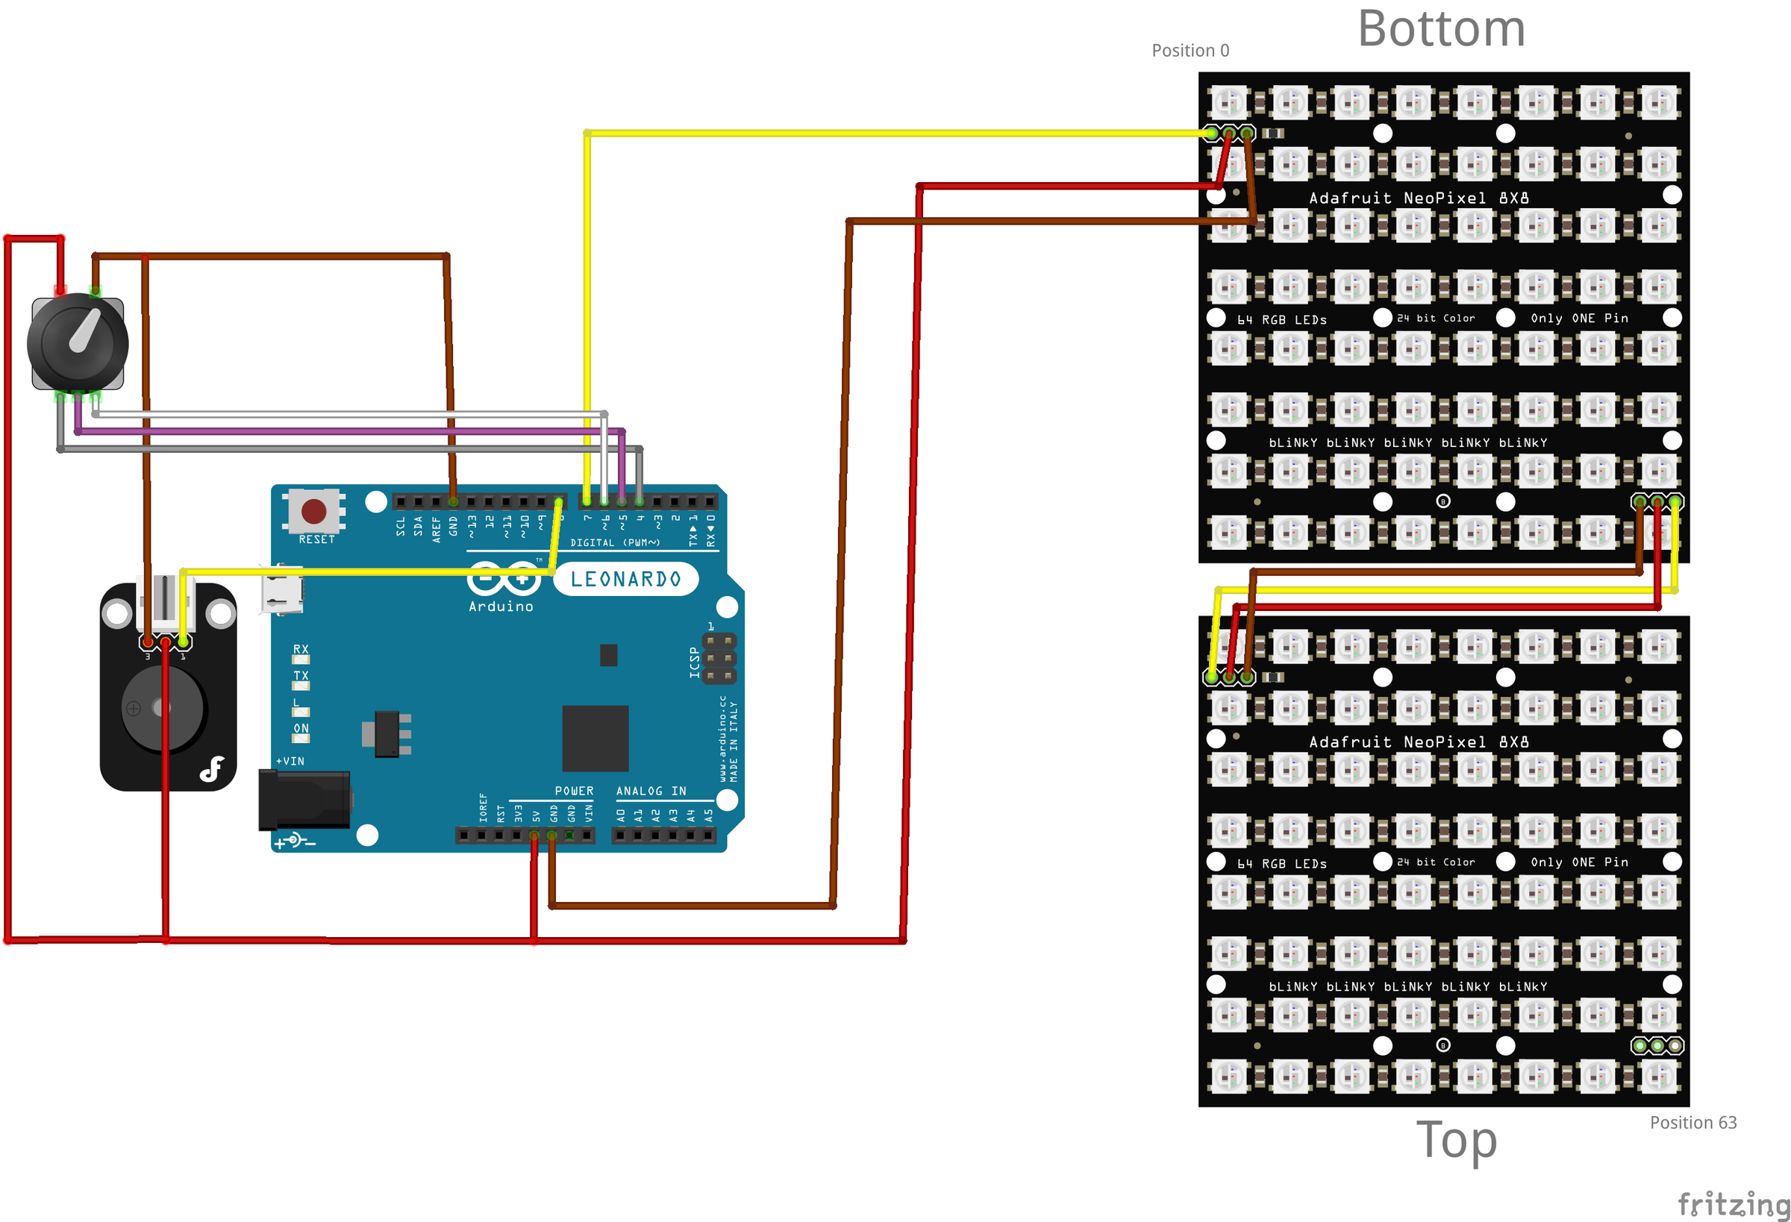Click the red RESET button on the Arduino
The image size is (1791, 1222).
(x=313, y=510)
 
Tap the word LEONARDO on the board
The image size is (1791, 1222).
(x=626, y=580)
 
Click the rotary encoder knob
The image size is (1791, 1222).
(x=78, y=343)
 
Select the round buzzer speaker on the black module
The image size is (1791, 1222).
(x=163, y=708)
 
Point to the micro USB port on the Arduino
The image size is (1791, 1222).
(x=281, y=590)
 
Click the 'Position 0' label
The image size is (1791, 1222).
(x=1190, y=51)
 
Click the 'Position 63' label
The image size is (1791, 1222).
(x=1693, y=1123)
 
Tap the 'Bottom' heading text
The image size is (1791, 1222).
(x=1441, y=29)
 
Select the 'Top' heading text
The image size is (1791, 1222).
(x=1457, y=1139)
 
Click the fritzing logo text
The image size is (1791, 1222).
(x=1734, y=1203)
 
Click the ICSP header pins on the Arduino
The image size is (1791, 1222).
(x=718, y=659)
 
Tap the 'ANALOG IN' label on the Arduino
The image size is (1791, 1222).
(x=651, y=792)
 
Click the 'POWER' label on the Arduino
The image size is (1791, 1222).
(x=574, y=792)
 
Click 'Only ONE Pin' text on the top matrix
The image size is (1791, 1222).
(x=1579, y=862)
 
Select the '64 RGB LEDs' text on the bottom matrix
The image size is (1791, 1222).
(x=1281, y=320)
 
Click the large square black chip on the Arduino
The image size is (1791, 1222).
(x=595, y=738)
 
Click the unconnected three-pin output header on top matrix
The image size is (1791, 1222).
(x=1657, y=1045)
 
